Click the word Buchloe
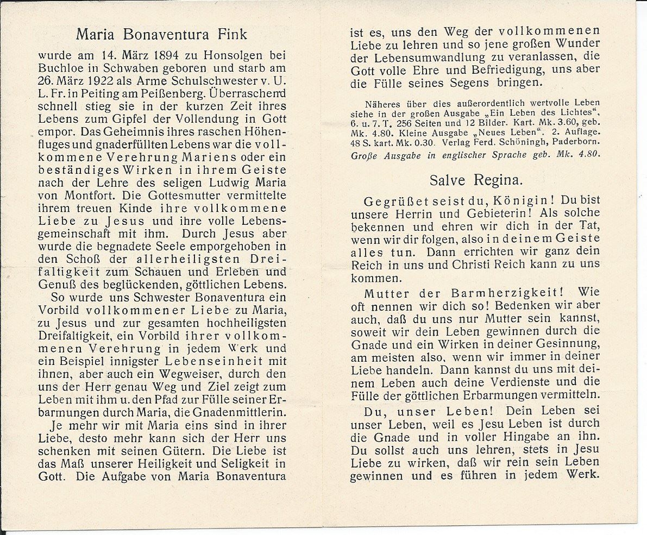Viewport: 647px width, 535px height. coord(60,68)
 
